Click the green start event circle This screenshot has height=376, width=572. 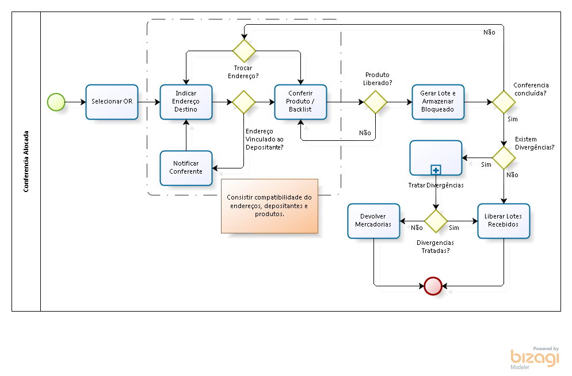coord(56,102)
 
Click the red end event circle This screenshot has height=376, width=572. coord(432,285)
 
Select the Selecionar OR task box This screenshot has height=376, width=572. coord(112,102)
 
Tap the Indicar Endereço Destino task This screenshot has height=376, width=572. coord(186,102)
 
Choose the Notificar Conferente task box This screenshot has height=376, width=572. coord(186,168)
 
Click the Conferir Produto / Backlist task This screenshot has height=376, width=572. coord(300,102)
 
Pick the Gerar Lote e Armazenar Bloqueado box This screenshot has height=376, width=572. coord(438,102)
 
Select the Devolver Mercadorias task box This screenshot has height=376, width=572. coord(373,221)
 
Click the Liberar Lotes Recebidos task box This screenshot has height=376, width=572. coord(504,221)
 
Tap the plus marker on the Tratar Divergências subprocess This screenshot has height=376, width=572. coord(436,170)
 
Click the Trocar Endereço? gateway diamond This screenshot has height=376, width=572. coord(244,51)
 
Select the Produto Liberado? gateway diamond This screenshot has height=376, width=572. coord(376,102)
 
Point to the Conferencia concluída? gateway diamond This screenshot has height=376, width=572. coord(504,102)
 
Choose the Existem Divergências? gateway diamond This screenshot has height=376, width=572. coord(504,158)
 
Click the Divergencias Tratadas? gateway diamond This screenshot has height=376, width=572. coord(436,221)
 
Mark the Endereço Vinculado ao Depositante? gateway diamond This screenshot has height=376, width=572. coord(244,102)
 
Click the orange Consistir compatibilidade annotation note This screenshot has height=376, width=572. coord(269,206)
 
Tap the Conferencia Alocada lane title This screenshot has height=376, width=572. coord(26,162)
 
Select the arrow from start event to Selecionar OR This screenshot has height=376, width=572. coord(75,102)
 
